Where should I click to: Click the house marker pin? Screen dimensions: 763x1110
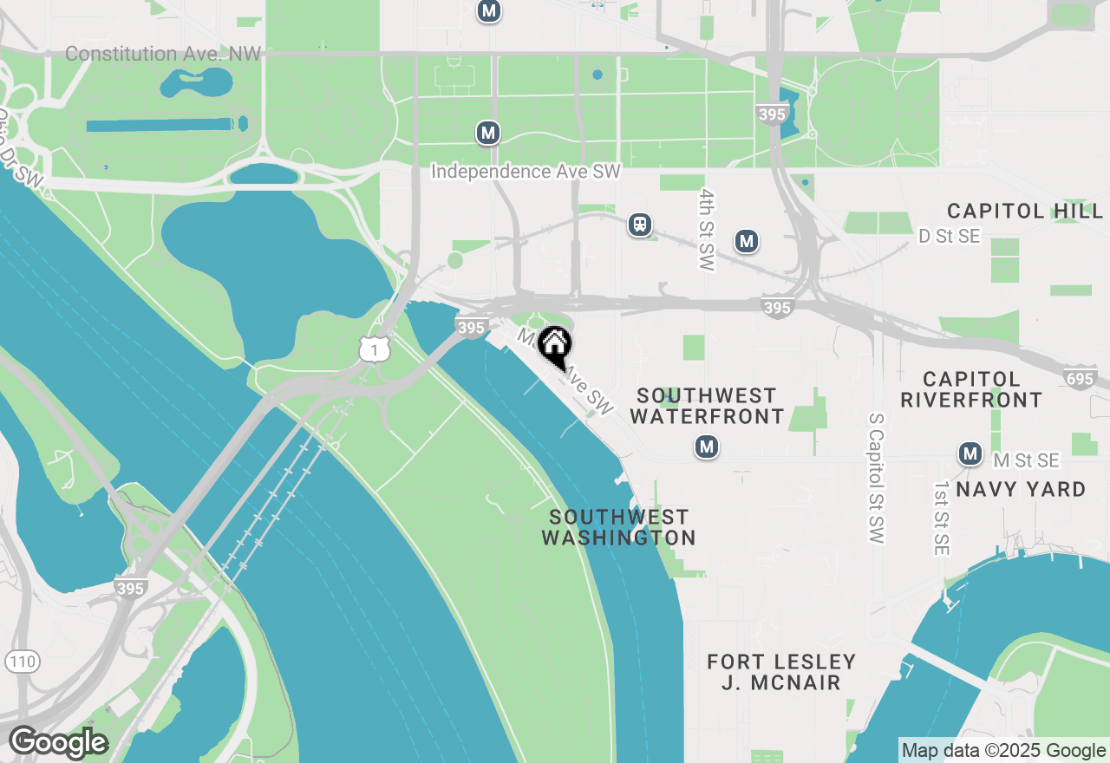(554, 345)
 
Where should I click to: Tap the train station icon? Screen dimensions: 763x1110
(640, 225)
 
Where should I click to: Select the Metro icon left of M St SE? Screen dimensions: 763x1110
(970, 453)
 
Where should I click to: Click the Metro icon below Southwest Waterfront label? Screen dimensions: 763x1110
(707, 447)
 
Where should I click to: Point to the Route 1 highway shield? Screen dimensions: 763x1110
(373, 349)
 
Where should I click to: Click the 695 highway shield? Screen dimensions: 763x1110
(1080, 377)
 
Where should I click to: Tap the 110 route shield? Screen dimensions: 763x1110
(22, 662)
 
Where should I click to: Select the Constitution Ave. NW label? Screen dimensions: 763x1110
(163, 54)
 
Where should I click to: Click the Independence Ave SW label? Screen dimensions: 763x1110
(526, 172)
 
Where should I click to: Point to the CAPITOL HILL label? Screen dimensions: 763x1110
(1025, 212)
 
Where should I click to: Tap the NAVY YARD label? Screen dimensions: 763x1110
(1021, 490)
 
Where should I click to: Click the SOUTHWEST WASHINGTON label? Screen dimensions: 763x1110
(618, 528)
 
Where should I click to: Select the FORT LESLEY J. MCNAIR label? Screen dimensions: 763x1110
(781, 672)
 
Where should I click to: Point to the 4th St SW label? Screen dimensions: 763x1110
(708, 230)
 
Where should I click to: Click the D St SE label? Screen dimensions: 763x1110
(950, 237)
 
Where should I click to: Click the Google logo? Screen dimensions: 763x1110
(58, 742)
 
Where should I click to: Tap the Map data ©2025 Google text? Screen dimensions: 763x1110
(1003, 751)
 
